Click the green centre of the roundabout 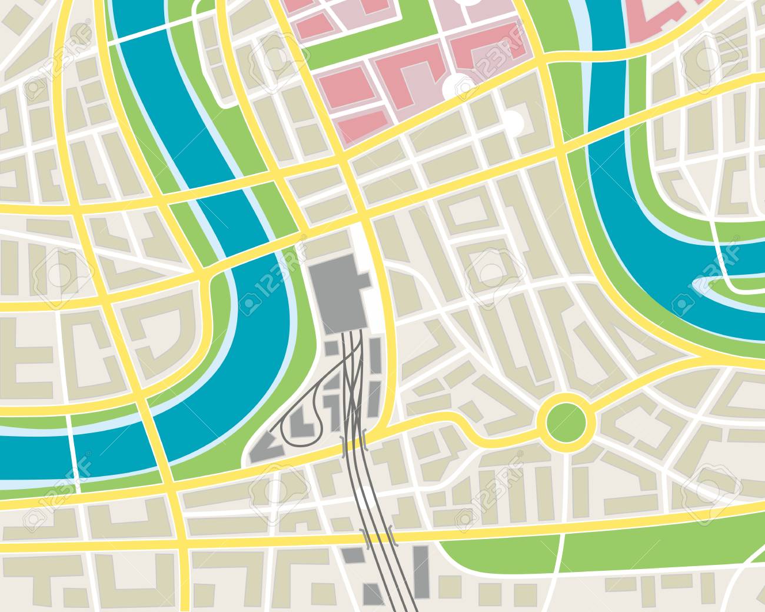pyautogui.click(x=566, y=420)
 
